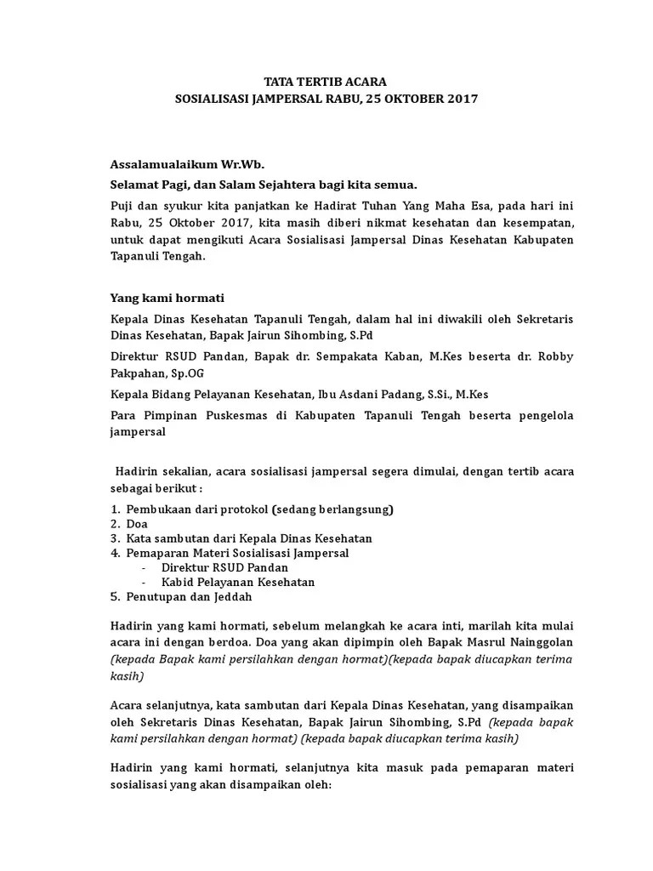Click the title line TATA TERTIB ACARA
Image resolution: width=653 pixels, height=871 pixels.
pos(326,83)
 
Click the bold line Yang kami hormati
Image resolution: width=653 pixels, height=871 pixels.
pos(167,298)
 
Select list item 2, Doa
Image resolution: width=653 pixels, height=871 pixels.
pos(137,524)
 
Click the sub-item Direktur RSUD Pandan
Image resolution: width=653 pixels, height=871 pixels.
pos(224,567)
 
